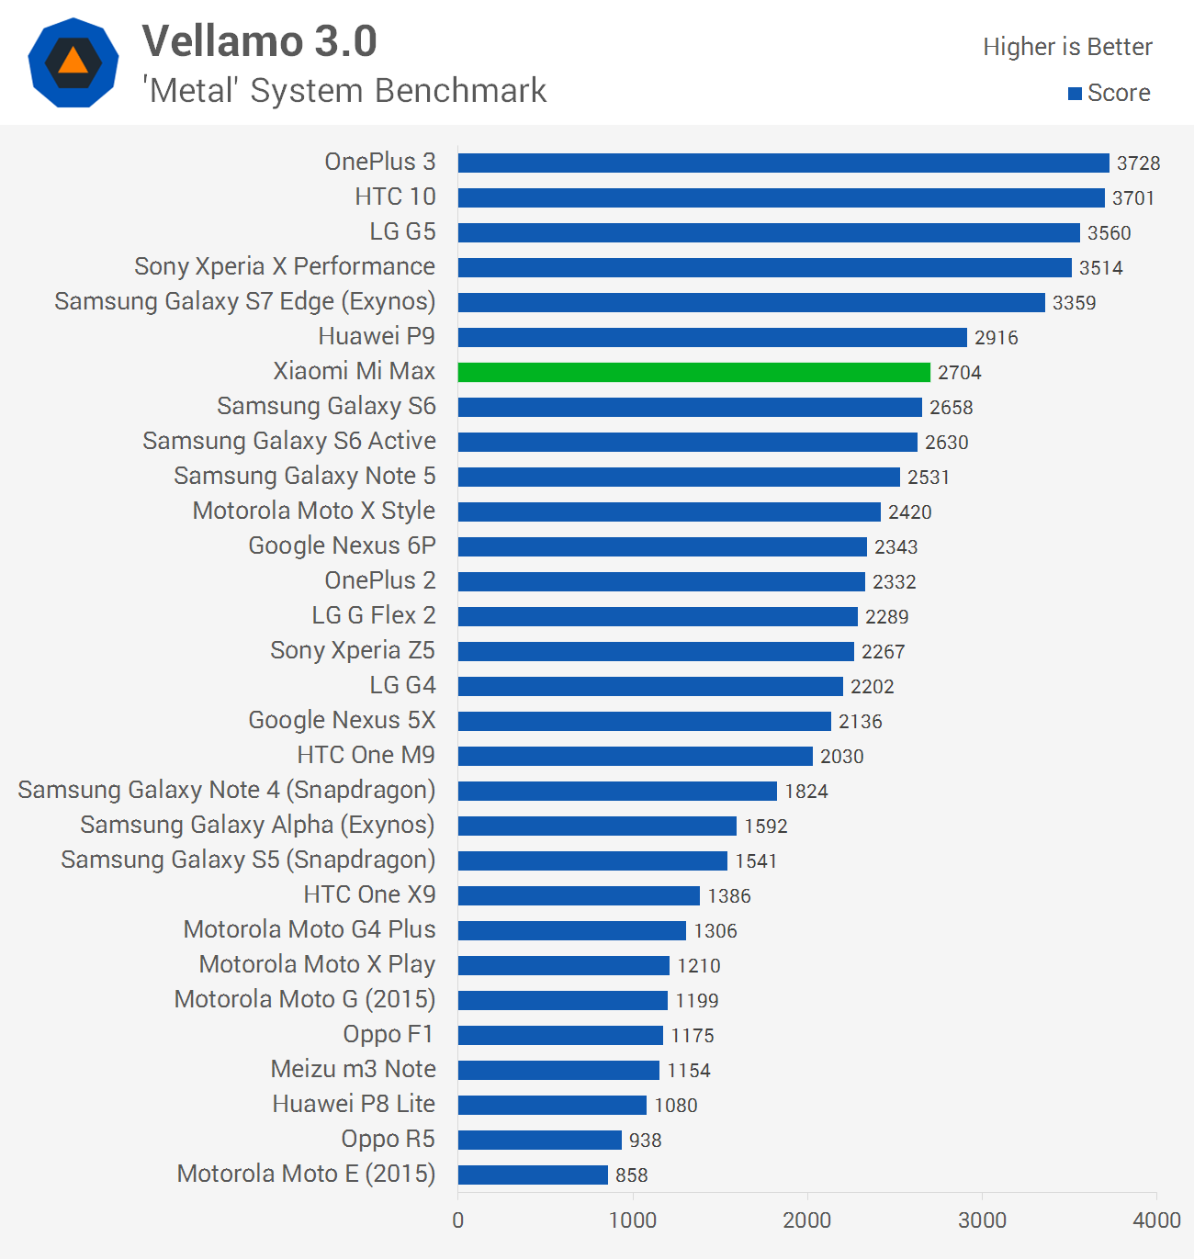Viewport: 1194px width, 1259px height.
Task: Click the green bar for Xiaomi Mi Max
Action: click(693, 372)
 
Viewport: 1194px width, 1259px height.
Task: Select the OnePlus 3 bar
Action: click(783, 163)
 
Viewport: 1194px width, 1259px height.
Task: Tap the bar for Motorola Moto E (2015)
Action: click(533, 1175)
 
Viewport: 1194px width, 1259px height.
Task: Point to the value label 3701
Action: click(1132, 198)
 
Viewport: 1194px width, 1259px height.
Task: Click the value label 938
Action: click(645, 1141)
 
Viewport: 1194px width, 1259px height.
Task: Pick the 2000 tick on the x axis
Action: click(806, 1220)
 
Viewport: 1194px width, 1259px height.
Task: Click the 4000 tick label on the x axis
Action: click(1156, 1220)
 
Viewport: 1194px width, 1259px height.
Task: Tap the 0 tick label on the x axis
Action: click(458, 1220)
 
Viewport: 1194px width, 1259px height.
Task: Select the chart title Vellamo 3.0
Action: click(260, 41)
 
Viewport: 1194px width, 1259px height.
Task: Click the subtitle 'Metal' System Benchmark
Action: click(344, 91)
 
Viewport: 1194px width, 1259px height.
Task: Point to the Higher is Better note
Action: click(1067, 47)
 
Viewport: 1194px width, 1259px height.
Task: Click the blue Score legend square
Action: click(1075, 94)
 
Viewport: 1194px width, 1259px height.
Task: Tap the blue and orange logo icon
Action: click(73, 62)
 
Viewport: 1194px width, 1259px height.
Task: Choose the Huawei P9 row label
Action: click(377, 337)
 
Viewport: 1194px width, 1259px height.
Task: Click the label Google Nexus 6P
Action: click(342, 546)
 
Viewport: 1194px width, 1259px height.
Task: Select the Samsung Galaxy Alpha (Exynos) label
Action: click(257, 826)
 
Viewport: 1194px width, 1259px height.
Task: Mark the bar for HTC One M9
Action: click(635, 756)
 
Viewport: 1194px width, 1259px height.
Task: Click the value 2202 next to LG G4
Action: click(872, 687)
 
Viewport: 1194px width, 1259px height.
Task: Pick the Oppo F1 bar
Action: click(560, 1035)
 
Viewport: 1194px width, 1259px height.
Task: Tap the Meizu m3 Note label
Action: click(353, 1070)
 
